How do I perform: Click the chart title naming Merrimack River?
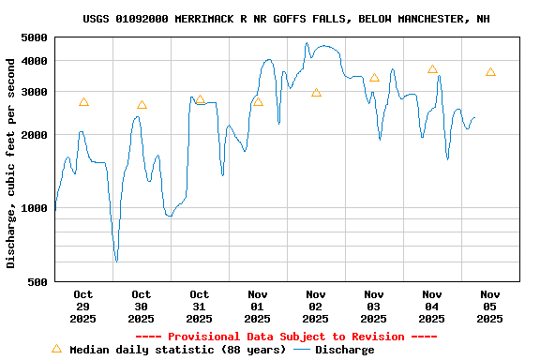(286, 19)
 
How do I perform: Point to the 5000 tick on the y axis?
(34, 37)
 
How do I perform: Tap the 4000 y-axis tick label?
(34, 61)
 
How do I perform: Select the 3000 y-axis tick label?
(34, 92)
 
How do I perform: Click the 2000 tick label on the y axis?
(34, 135)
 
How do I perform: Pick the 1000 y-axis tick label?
(34, 208)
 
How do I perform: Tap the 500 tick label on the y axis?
(37, 281)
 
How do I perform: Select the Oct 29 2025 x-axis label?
(82, 307)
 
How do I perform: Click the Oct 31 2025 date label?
(199, 307)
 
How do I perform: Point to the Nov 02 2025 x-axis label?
(315, 307)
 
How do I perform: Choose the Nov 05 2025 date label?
(489, 307)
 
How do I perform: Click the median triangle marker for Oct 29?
(83, 102)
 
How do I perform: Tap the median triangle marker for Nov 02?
(316, 93)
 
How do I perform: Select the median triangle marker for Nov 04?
(432, 69)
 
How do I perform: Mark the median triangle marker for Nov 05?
(490, 72)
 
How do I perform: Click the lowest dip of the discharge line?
(116, 261)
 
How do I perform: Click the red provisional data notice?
(286, 337)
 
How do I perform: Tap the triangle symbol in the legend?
(56, 349)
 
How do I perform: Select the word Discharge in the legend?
(344, 350)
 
